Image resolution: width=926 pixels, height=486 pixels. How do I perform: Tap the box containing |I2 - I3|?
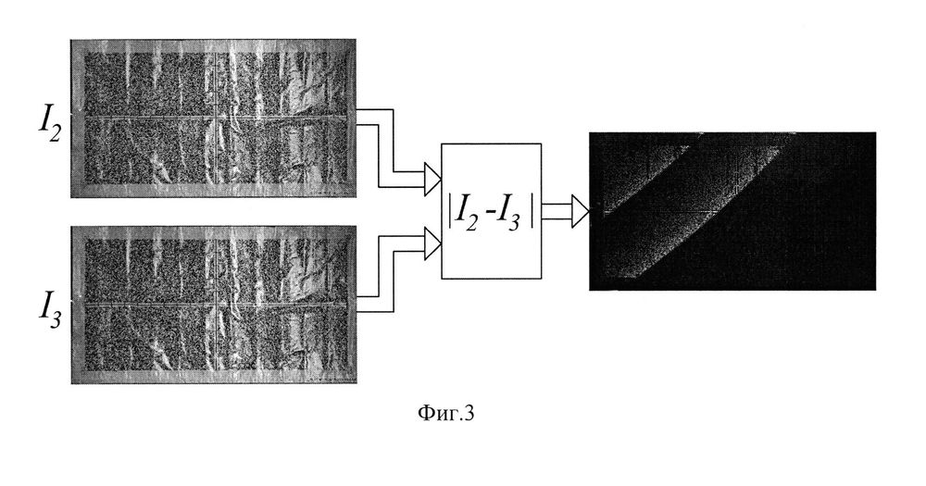(x=492, y=212)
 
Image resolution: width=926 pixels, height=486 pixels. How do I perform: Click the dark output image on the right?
(x=732, y=211)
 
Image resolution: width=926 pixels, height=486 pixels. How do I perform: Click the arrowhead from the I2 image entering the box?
(x=432, y=171)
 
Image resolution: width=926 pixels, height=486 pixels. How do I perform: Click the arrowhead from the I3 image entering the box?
(x=432, y=243)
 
